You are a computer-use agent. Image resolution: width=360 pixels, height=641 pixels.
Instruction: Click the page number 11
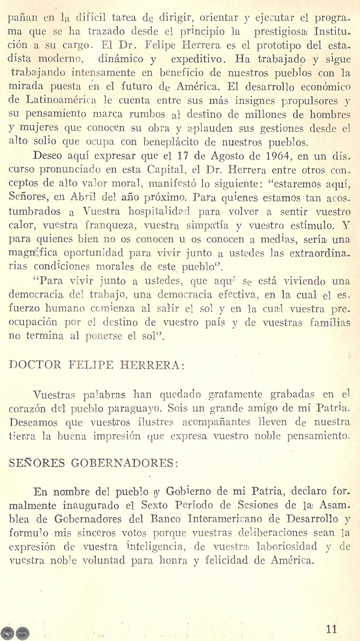pyautogui.click(x=332, y=628)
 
